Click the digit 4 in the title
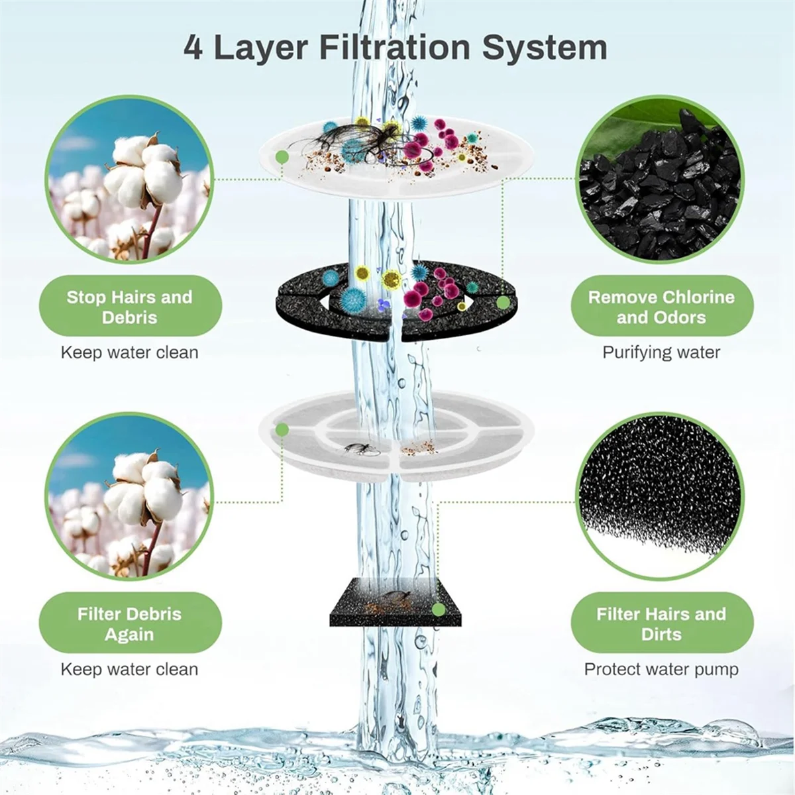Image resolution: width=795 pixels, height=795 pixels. (x=193, y=48)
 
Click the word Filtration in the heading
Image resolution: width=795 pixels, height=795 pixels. (x=396, y=48)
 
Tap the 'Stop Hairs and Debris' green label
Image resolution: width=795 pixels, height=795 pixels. (x=130, y=307)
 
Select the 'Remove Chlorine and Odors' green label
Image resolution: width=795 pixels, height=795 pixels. (x=661, y=307)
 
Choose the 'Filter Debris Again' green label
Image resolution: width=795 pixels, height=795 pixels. (x=130, y=623)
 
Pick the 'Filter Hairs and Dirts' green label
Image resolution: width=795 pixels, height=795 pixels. (x=661, y=623)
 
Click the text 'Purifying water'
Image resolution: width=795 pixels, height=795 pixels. (x=661, y=352)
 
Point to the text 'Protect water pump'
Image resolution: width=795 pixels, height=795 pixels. (x=661, y=669)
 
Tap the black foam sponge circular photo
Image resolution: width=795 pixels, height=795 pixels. (x=660, y=497)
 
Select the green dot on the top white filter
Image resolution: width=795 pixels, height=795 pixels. (x=282, y=157)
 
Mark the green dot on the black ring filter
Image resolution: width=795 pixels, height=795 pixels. (x=503, y=303)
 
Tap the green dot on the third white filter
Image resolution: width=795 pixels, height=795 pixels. (x=282, y=430)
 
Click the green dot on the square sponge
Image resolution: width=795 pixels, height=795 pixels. (x=438, y=609)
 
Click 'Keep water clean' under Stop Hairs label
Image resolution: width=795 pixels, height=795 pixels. (x=130, y=352)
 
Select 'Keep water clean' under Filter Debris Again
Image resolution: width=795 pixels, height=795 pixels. (x=130, y=669)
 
